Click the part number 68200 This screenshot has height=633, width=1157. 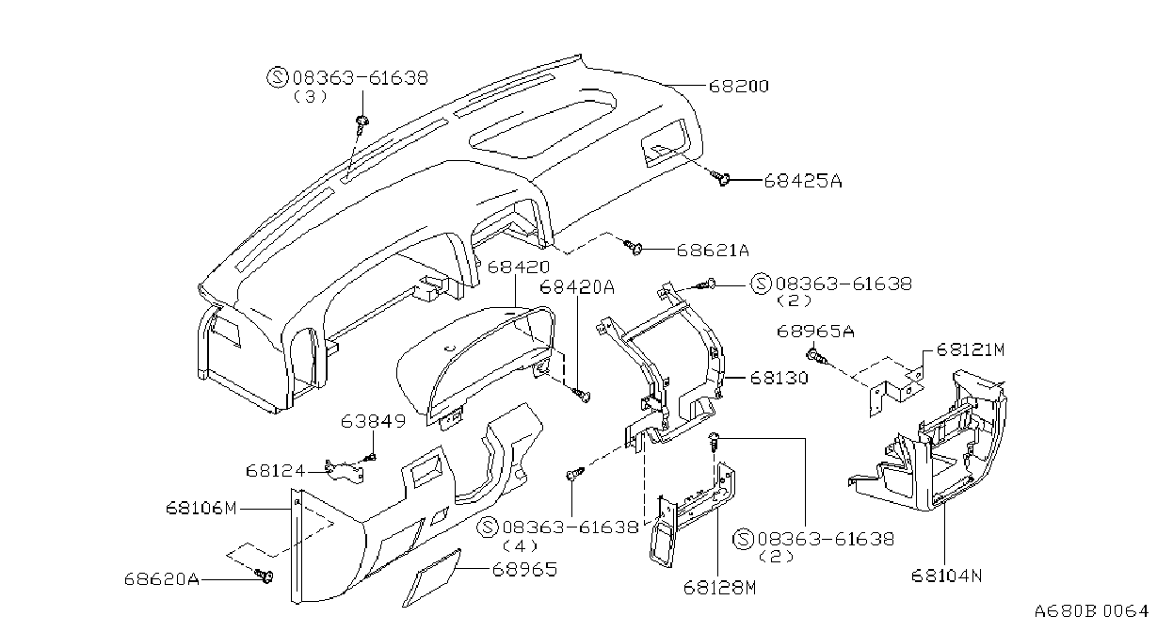pyautogui.click(x=738, y=86)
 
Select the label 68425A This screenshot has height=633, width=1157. pyautogui.click(x=803, y=181)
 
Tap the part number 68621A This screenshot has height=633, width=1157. pyautogui.click(x=713, y=251)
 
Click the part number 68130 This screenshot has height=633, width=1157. pyautogui.click(x=779, y=378)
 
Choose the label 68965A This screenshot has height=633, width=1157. pyautogui.click(x=815, y=331)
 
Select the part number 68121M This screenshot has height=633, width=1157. pyautogui.click(x=971, y=349)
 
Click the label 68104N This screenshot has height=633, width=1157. pyautogui.click(x=946, y=576)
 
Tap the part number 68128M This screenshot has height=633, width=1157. pyautogui.click(x=719, y=588)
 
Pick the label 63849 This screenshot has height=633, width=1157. pyautogui.click(x=373, y=421)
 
